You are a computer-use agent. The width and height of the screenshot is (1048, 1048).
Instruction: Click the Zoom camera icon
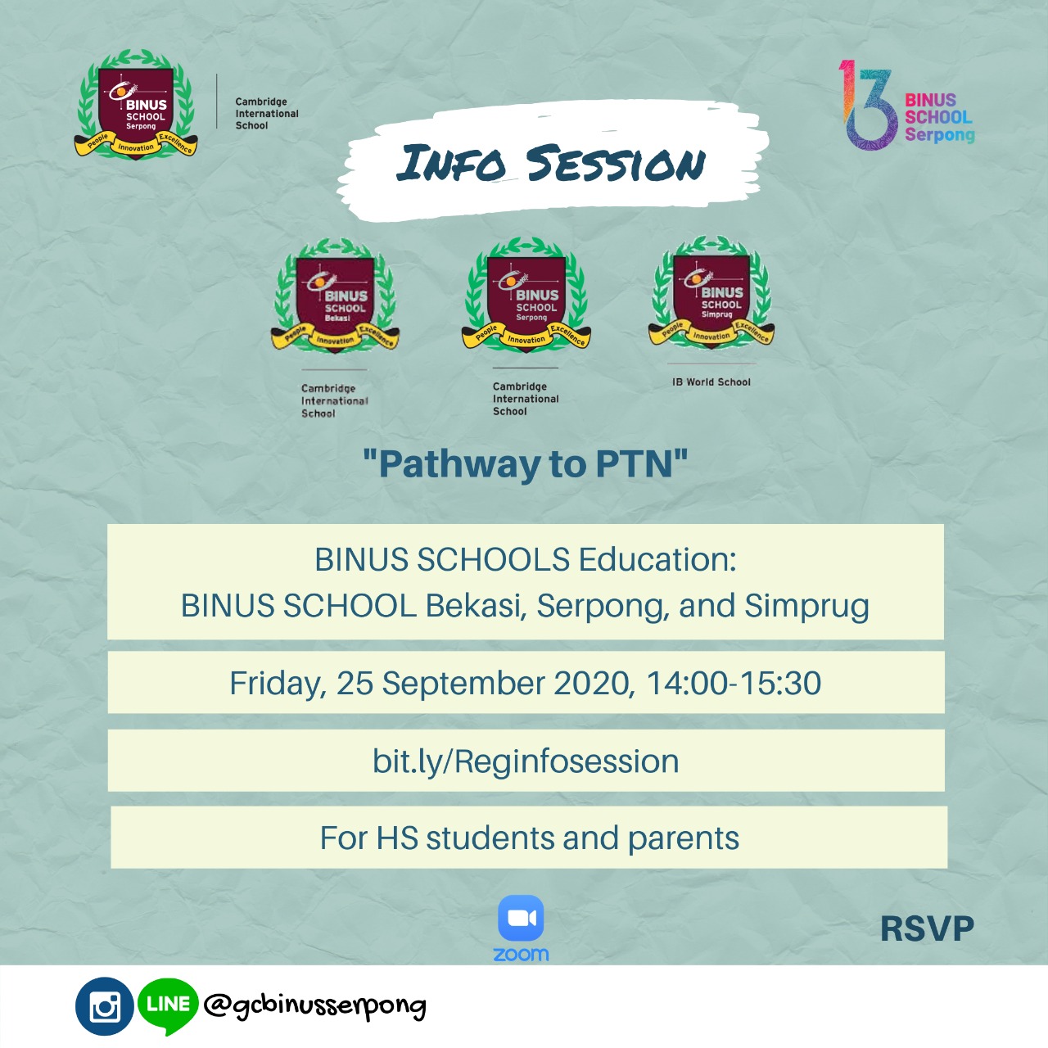coord(521,917)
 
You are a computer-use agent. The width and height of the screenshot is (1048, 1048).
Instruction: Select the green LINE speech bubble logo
coord(168,1006)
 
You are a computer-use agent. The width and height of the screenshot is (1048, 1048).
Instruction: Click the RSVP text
coord(928,928)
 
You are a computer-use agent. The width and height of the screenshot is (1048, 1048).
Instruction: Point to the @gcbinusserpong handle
coord(315,1006)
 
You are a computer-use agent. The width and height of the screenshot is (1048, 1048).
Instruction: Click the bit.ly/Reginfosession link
coord(526,761)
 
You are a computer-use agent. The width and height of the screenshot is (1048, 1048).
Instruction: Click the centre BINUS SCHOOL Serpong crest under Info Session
coord(526,295)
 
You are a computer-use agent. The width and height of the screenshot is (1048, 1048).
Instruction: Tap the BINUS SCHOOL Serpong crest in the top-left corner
coord(136,104)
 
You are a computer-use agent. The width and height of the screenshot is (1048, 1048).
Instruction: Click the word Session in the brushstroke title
coord(615,163)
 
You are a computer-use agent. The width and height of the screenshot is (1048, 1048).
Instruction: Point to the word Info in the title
coord(451,163)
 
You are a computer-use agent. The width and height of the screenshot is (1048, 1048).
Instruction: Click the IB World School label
coord(711,382)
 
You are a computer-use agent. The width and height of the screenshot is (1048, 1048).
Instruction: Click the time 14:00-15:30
coord(734,683)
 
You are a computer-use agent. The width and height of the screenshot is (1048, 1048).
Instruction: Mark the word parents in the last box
coord(684,838)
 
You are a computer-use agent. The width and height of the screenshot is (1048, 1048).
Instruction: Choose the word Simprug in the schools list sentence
coord(806,607)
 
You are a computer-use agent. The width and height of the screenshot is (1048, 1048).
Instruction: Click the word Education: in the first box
coord(657,560)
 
